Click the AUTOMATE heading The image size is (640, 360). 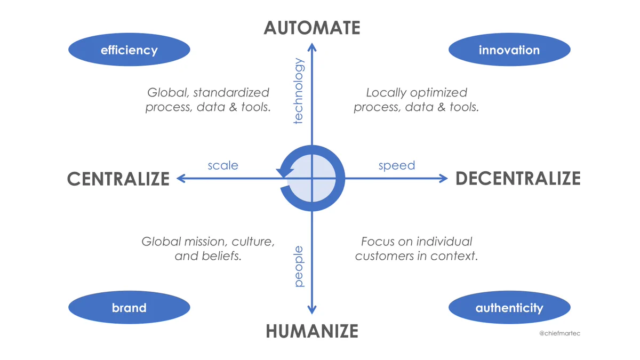[x=311, y=28]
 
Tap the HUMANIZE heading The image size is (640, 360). [x=312, y=331]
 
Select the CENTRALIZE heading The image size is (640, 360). [x=118, y=179]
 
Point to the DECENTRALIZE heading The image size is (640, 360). [x=518, y=179]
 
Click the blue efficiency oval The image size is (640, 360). [x=129, y=50]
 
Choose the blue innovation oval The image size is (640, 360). [x=509, y=50]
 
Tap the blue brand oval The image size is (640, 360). [x=129, y=307]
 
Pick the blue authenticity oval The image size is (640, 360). [x=509, y=307]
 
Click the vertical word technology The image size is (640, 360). [x=298, y=91]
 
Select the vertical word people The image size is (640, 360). [x=299, y=266]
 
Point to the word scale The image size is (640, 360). [x=223, y=165]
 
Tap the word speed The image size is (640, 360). [x=397, y=166]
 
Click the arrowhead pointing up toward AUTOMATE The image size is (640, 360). [x=312, y=47]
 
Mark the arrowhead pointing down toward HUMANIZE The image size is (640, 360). [x=311, y=310]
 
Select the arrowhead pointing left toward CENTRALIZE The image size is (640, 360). [x=181, y=179]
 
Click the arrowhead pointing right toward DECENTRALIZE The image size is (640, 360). [x=443, y=179]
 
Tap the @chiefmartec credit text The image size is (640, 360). [x=559, y=333]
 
